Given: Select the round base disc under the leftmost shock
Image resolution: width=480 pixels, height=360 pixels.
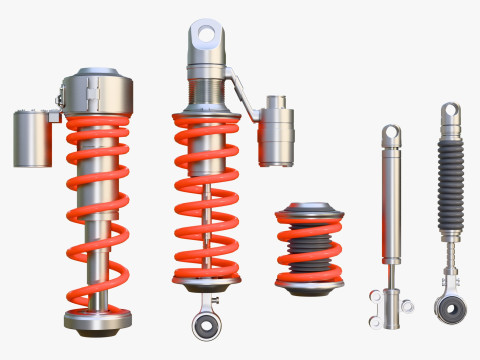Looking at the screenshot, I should pyautogui.click(x=97, y=319).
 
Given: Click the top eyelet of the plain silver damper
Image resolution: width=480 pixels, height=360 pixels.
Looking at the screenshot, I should pyautogui.click(x=390, y=133).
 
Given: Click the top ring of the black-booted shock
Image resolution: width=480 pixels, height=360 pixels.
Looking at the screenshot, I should pyautogui.click(x=451, y=111).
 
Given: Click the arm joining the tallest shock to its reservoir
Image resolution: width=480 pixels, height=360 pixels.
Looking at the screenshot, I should pyautogui.click(x=241, y=90).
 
